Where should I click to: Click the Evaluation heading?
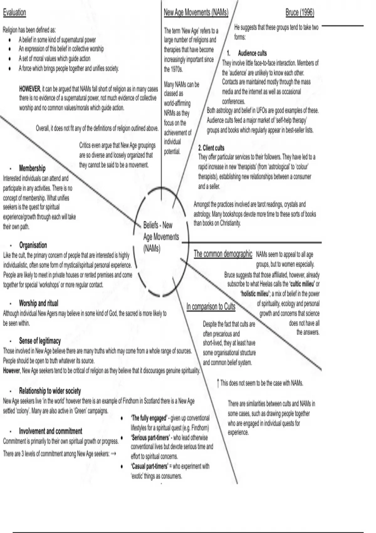[14, 13]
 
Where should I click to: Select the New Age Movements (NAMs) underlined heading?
[196, 13]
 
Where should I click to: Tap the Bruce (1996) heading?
[300, 13]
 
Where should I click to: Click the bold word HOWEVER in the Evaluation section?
[29, 89]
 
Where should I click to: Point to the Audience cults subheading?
[252, 53]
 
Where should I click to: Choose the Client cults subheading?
[211, 148]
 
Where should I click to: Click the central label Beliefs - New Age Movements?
[160, 237]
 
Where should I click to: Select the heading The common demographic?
[223, 254]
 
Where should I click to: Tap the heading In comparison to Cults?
[211, 306]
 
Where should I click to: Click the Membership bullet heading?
[32, 168]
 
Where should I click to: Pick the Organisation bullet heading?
[33, 245]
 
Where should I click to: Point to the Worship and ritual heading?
[39, 303]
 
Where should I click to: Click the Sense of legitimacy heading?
[40, 341]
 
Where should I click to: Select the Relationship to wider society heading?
[50, 391]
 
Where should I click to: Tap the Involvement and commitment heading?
[50, 431]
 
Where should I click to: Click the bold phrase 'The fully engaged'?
[149, 418]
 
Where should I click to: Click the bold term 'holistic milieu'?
[255, 294]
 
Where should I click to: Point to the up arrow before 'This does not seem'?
[218, 383]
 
